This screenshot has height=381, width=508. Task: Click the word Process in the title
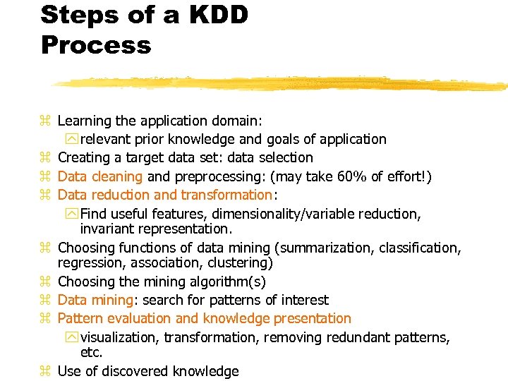pos(96,45)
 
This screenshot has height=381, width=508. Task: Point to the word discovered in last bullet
pos(135,371)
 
